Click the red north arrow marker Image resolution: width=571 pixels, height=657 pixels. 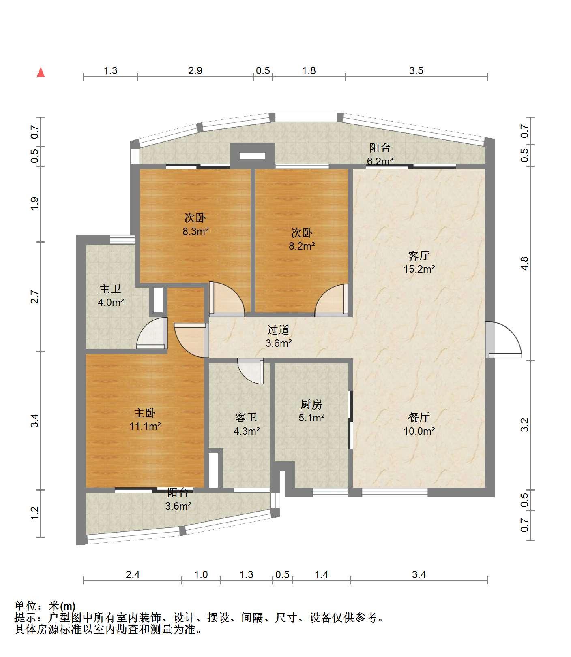41,72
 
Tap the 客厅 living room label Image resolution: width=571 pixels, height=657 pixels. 419,256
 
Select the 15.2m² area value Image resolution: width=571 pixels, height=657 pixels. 419,269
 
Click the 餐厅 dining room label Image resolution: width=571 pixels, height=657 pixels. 419,417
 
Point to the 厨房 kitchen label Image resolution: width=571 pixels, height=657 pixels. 311,404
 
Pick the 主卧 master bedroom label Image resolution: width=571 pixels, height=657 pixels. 145,413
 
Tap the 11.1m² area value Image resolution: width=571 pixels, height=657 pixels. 145,426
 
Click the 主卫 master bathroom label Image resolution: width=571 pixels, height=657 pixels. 110,289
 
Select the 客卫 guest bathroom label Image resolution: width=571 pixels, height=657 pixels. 246,418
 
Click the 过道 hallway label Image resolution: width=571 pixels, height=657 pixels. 279,330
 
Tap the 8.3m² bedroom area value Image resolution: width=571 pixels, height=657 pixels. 195,232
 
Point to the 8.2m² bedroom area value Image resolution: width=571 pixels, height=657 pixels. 302,246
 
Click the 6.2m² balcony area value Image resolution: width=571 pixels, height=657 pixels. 380,161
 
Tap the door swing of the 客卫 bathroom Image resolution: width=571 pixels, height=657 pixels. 251,371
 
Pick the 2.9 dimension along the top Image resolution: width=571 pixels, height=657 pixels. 195,71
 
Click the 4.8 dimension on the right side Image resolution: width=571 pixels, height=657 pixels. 524,263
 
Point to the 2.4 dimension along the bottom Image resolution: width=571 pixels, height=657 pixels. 133,574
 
